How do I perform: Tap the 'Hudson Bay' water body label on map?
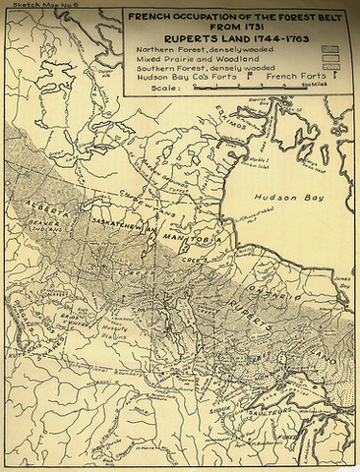[290, 197]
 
